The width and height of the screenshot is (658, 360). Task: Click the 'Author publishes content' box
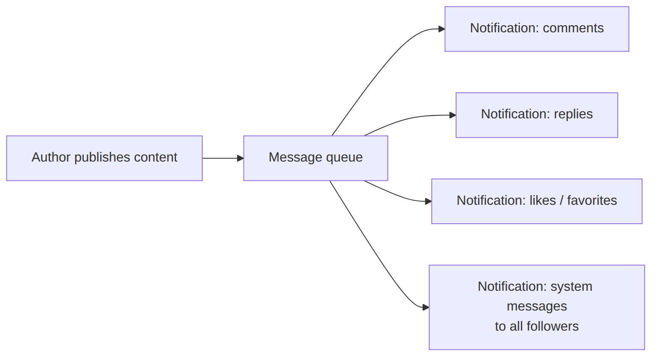(x=104, y=158)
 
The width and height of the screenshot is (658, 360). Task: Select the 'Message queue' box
(x=316, y=158)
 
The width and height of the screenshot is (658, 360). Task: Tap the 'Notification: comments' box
(x=537, y=29)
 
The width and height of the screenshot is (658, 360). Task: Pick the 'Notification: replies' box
(x=537, y=115)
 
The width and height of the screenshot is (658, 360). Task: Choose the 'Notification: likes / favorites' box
(x=537, y=201)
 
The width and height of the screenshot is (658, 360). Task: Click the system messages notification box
(x=537, y=307)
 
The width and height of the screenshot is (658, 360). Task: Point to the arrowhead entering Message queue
(x=240, y=158)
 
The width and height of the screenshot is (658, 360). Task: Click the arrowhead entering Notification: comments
(x=442, y=29)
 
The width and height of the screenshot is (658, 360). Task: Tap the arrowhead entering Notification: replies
(x=453, y=115)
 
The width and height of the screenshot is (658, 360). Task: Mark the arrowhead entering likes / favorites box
(x=428, y=201)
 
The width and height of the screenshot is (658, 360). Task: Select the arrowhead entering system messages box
(x=426, y=308)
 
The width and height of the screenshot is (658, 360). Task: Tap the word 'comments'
(x=573, y=28)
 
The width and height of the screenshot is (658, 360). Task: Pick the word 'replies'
(x=573, y=114)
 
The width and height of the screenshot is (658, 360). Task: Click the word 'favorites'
(x=592, y=200)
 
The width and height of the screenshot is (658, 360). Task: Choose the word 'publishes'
(x=102, y=157)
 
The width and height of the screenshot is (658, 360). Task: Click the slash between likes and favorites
(x=561, y=200)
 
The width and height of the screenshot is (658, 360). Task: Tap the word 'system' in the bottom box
(x=572, y=287)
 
